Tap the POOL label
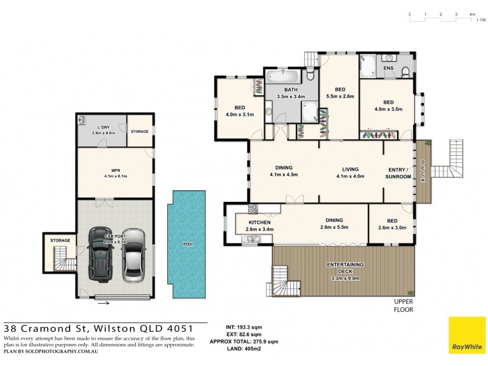click(188, 245)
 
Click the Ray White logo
click(467, 335)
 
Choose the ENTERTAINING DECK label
click(346, 264)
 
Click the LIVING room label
click(350, 168)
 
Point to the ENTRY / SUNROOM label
click(399, 173)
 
